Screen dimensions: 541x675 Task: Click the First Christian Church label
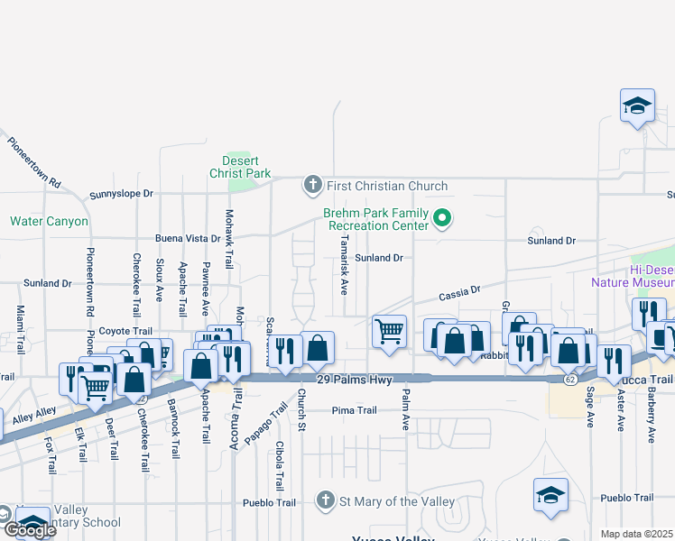(387, 187)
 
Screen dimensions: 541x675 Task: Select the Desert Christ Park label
(240, 167)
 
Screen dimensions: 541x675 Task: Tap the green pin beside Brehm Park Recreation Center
(442, 217)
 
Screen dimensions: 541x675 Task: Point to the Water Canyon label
(50, 221)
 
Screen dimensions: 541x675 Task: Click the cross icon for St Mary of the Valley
(327, 500)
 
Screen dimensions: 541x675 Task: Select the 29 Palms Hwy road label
(356, 381)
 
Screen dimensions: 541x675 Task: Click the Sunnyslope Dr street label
(122, 194)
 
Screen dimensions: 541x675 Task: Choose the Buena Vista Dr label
(188, 239)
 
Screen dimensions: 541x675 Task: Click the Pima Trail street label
(354, 410)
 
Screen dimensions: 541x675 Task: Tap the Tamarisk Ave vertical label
(344, 266)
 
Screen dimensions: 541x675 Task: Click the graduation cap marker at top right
(637, 105)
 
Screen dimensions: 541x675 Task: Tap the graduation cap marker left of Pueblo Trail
(550, 495)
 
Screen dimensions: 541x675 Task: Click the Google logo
(29, 529)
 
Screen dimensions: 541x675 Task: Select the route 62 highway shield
(570, 381)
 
